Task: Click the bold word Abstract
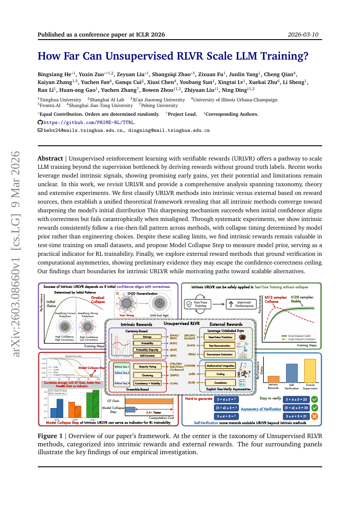(x=50, y=159)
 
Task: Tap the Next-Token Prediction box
(x=220, y=337)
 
